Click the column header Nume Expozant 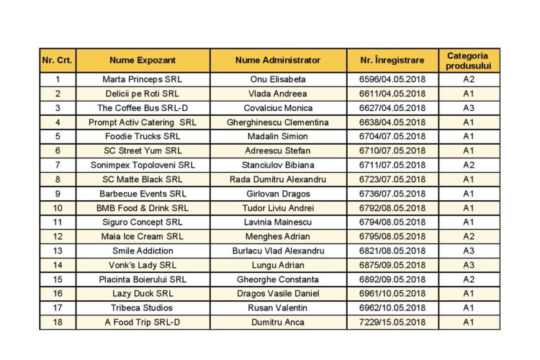[143, 60]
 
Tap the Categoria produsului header [468, 60]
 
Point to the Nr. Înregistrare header [392, 60]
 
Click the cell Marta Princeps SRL [143, 79]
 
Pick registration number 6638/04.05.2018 [392, 122]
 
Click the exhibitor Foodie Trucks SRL [143, 136]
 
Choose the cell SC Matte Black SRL [143, 179]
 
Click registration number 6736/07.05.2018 [392, 194]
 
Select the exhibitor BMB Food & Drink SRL [143, 208]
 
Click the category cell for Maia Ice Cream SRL [468, 236]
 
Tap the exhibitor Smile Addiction [143, 251]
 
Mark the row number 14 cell [58, 265]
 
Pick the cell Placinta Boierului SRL [143, 279]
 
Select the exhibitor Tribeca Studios [143, 307]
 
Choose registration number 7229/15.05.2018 [392, 322]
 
